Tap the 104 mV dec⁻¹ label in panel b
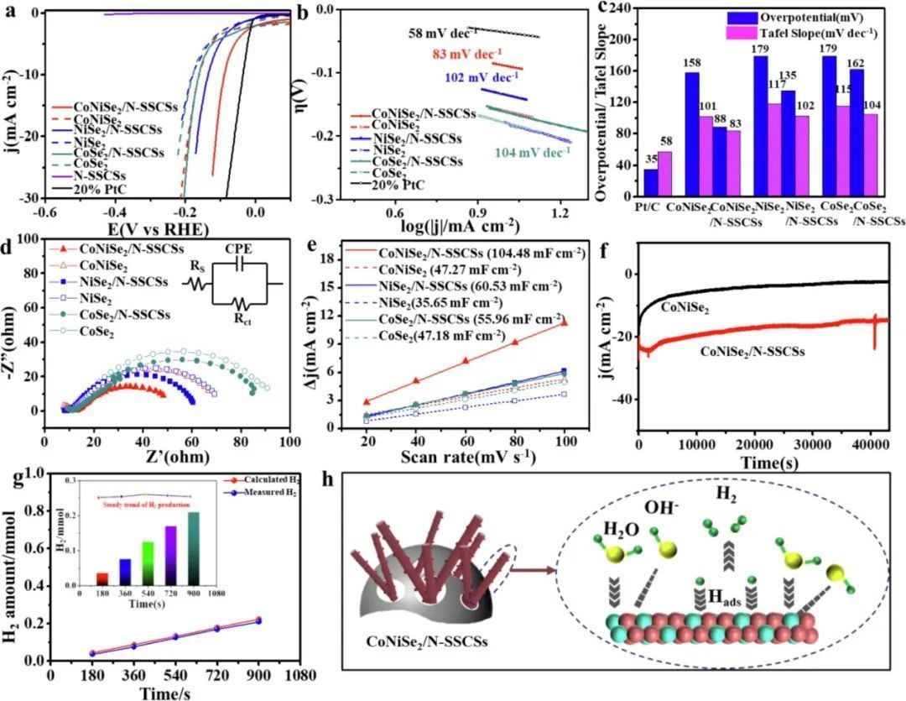[x=533, y=151]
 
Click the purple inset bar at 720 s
[x=171, y=555]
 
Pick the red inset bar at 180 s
[x=102, y=578]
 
